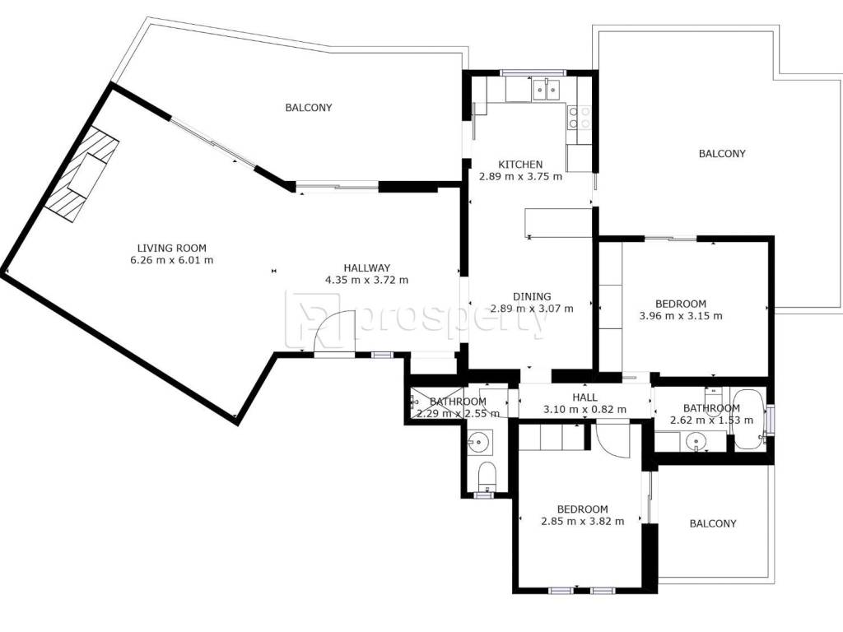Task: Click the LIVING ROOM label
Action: (x=171, y=249)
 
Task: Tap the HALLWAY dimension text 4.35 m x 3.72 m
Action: (x=366, y=280)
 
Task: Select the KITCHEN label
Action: (x=520, y=165)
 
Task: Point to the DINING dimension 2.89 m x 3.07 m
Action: (x=532, y=309)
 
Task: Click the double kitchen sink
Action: (x=547, y=90)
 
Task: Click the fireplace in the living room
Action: (x=82, y=174)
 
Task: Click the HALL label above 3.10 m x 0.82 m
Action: (x=585, y=397)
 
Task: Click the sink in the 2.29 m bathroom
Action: (x=478, y=442)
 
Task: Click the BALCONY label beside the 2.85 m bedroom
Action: (x=713, y=523)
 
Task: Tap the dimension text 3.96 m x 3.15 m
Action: (x=681, y=316)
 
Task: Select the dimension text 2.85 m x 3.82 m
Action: (x=583, y=521)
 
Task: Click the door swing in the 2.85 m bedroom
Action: (x=612, y=441)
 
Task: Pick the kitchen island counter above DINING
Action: (x=558, y=223)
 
